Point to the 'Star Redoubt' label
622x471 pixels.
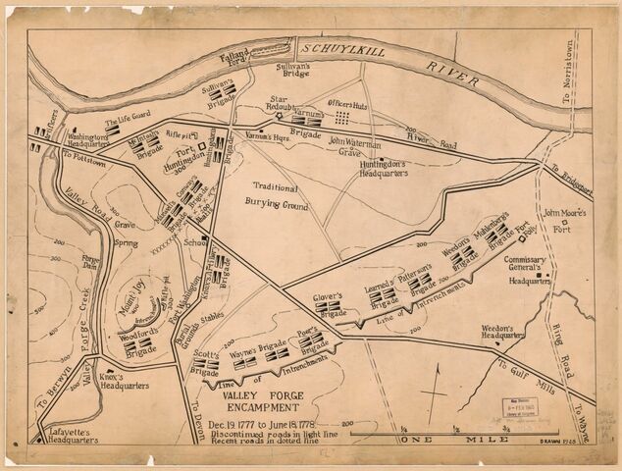[x=284, y=102]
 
